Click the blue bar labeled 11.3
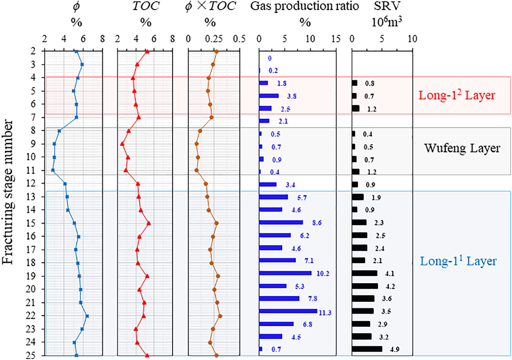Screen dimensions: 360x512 point(288,311)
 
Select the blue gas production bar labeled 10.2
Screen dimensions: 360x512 point(285,273)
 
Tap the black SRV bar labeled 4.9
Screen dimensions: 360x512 point(367,349)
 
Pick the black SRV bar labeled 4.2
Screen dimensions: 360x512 point(365,286)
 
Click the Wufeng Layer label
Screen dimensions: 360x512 point(462,148)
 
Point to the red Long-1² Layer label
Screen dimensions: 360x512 point(457,95)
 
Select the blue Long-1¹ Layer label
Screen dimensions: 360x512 point(458,261)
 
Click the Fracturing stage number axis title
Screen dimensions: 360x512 point(7,192)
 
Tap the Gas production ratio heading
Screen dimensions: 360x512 point(304,6)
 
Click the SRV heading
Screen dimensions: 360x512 point(387,6)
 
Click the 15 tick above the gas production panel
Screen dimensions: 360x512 point(336,38)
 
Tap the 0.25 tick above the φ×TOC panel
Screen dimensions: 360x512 point(214,38)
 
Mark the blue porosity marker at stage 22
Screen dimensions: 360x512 point(87,316)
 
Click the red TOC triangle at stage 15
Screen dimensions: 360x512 point(148,223)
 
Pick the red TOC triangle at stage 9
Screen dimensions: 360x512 point(122,144)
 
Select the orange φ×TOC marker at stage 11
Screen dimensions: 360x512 point(196,170)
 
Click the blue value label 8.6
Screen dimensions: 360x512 point(317,223)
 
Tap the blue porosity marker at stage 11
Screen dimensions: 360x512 point(53,170)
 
